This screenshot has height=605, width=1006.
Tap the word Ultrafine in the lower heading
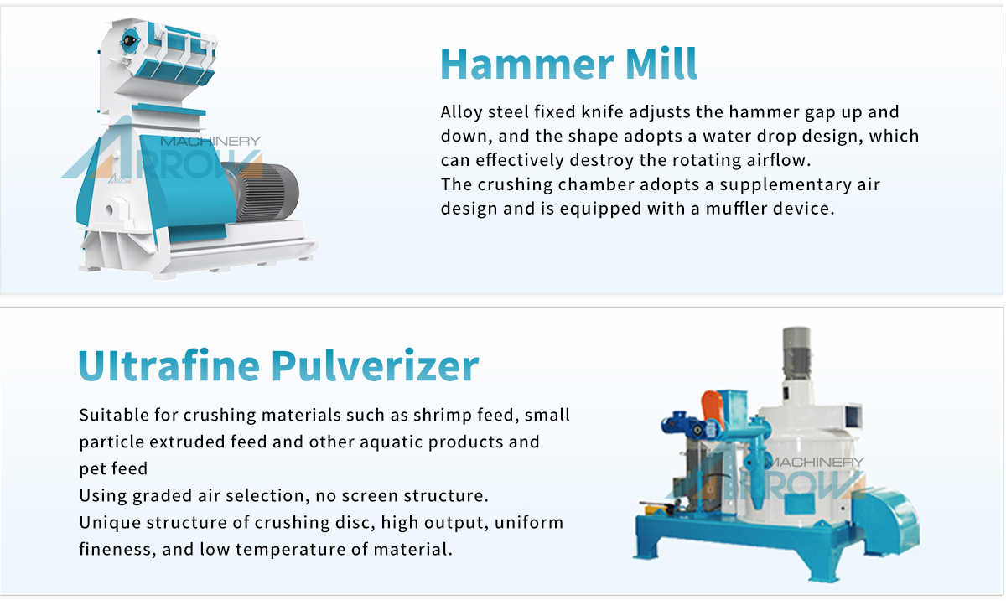click(169, 365)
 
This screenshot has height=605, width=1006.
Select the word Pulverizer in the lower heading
click(375, 365)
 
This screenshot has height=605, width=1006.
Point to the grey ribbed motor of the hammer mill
click(265, 192)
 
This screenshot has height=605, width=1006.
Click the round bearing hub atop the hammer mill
click(129, 41)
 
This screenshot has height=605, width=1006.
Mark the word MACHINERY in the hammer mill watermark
click(210, 142)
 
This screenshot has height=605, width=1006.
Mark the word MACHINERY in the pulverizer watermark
click(814, 463)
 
